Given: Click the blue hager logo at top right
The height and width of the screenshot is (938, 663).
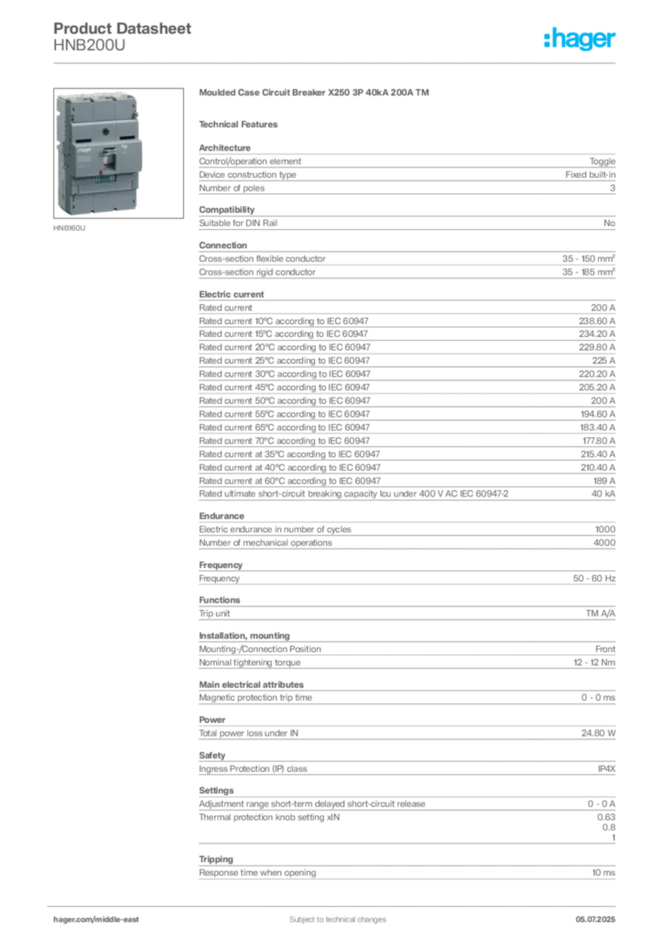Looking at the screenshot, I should (x=581, y=39).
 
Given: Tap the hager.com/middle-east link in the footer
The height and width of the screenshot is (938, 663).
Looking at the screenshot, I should (x=102, y=919).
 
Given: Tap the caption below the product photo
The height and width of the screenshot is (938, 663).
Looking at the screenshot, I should (x=70, y=229).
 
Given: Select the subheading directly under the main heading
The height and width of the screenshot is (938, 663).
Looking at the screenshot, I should (x=242, y=124).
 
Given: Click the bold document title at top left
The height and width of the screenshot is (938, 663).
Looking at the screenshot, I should (x=125, y=29).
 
